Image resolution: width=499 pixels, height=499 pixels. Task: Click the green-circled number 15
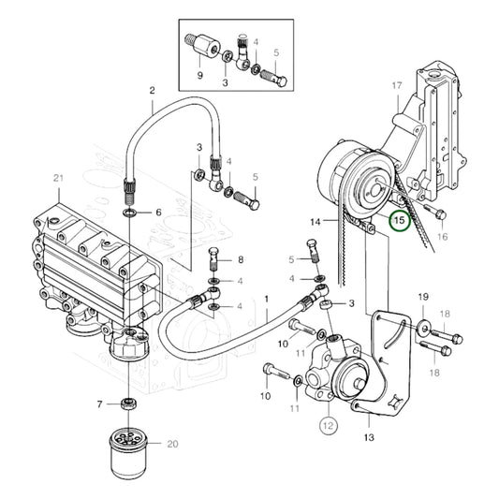click(400, 221)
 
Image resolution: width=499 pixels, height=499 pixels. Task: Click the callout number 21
click(58, 178)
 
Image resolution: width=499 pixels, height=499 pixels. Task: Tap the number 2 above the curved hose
click(152, 91)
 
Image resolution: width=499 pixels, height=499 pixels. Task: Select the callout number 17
click(396, 86)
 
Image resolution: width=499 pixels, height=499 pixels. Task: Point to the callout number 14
click(316, 222)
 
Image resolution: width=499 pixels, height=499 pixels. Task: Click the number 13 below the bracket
click(368, 435)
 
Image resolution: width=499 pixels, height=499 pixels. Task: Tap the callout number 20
click(171, 444)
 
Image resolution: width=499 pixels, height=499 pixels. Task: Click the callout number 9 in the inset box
click(199, 75)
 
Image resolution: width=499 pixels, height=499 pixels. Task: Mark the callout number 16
click(442, 237)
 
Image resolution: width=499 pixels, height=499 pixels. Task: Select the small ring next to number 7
click(128, 403)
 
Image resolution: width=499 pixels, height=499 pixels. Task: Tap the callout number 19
click(422, 298)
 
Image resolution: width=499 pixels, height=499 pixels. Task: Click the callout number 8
click(240, 259)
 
